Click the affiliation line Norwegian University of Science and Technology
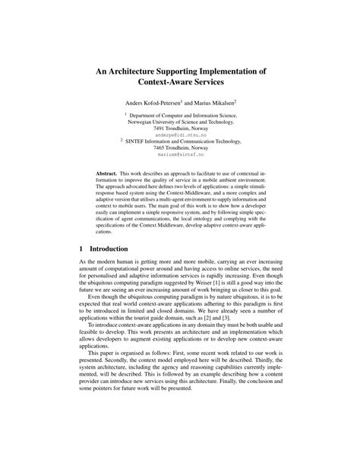click(x=179, y=119)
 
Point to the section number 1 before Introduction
click(x=82, y=249)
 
